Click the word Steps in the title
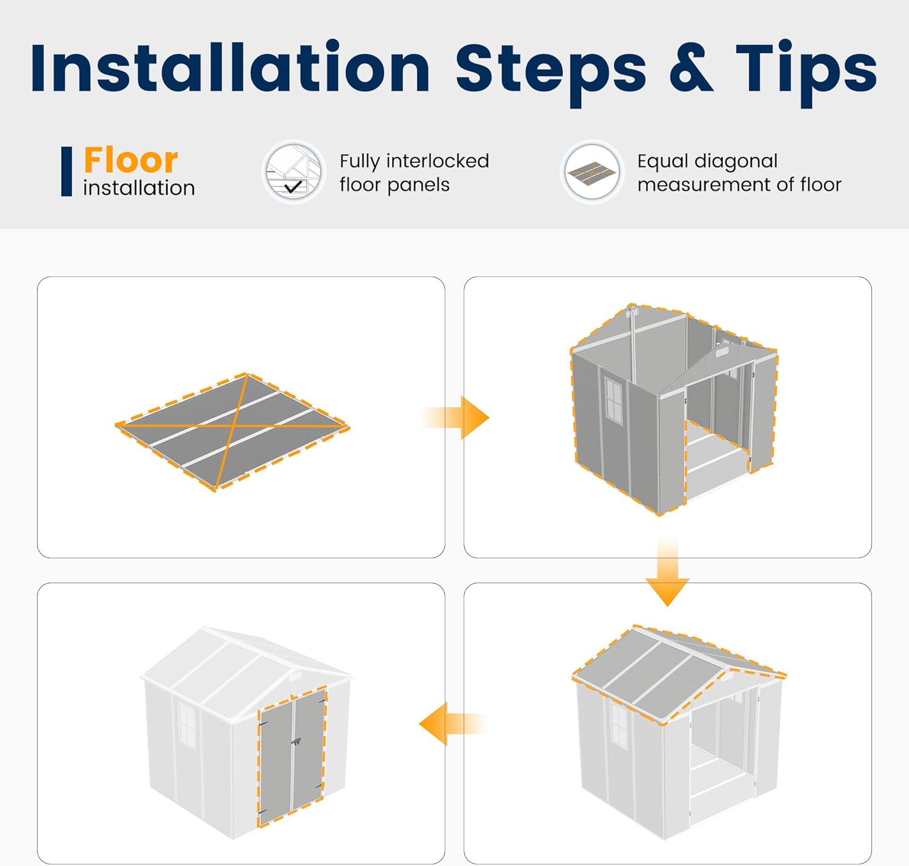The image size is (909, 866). point(550,73)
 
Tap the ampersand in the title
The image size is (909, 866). point(691,67)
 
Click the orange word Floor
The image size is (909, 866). point(131,159)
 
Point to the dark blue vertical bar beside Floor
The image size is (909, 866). point(67,171)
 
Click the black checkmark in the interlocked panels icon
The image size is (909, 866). point(293,187)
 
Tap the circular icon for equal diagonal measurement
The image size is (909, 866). point(592,172)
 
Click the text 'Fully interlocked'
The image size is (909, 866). point(415,161)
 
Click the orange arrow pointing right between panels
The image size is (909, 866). point(456,417)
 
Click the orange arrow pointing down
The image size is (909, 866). point(667,572)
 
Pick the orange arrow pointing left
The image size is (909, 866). point(453,724)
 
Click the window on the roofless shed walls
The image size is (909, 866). point(613,398)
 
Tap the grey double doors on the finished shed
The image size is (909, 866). point(291,757)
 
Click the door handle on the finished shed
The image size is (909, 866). point(296,742)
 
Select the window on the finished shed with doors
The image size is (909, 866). point(187,724)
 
